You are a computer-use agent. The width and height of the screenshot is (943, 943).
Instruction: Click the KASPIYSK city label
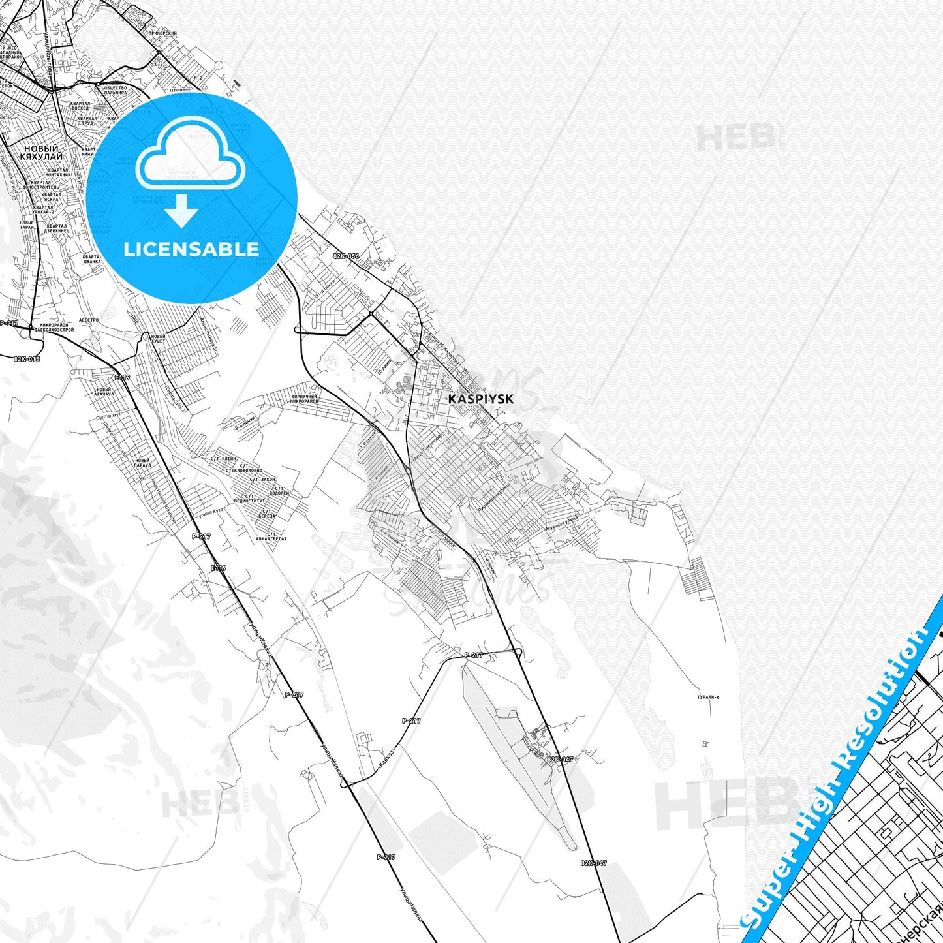point(480,399)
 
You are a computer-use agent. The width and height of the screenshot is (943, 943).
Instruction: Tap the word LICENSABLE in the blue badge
point(191,249)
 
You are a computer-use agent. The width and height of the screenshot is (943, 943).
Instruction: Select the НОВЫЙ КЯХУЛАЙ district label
point(41,153)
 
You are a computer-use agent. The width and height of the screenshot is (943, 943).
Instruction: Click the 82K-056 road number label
point(346,256)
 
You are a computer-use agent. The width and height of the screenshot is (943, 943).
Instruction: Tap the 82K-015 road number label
point(27,359)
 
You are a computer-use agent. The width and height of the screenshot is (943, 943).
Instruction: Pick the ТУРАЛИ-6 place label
point(707,697)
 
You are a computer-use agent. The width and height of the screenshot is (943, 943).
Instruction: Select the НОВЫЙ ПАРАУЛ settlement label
point(142,463)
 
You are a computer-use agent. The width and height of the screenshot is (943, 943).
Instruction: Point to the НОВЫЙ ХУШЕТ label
point(157,339)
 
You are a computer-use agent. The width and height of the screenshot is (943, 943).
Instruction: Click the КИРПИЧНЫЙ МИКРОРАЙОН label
point(303,398)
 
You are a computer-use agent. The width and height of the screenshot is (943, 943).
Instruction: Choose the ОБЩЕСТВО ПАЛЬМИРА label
point(115,90)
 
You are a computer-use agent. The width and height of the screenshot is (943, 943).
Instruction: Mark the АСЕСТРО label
point(88,320)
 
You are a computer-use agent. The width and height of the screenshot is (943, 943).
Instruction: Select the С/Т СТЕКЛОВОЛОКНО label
point(243,467)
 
